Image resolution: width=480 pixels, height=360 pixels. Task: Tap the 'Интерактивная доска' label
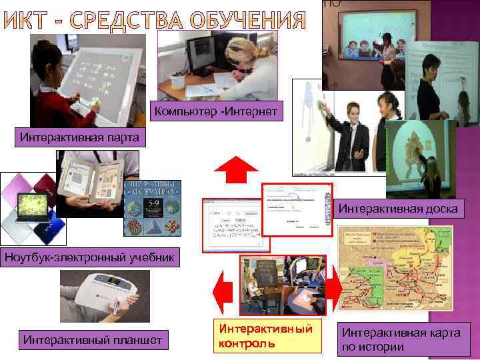coord(398,209)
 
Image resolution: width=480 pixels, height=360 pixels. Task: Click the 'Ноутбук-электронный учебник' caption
coord(90,257)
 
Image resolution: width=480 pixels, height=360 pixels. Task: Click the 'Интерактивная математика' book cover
coord(153,208)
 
